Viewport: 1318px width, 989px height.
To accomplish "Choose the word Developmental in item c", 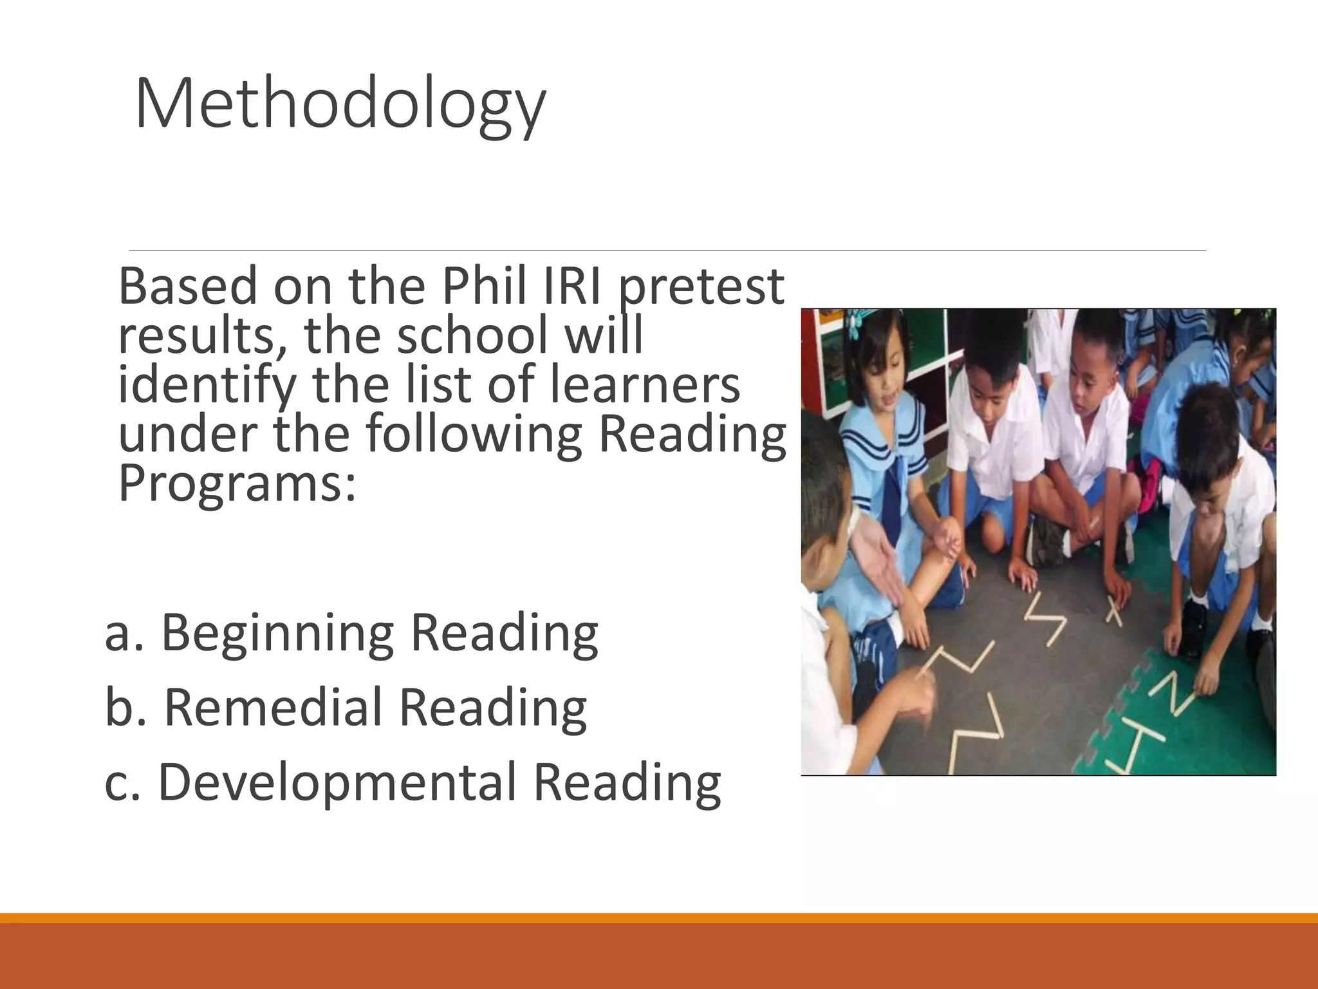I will pos(337,783).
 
